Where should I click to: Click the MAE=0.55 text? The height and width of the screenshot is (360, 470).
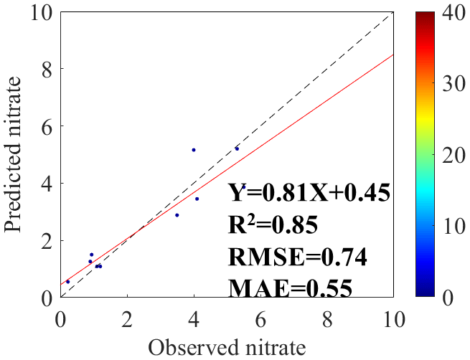point(291,288)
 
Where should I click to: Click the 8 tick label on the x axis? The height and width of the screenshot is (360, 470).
point(327,316)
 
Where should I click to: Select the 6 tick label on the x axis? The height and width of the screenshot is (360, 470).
point(260,316)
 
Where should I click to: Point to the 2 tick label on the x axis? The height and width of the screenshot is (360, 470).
point(127,316)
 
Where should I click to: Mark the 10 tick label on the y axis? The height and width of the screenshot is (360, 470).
point(39,12)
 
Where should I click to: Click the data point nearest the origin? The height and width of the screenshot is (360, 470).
point(68,282)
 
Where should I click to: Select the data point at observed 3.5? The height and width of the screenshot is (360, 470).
point(177,215)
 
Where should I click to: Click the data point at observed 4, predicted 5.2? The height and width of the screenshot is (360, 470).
point(194,150)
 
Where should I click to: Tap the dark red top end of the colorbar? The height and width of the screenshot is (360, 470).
point(427,16)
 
